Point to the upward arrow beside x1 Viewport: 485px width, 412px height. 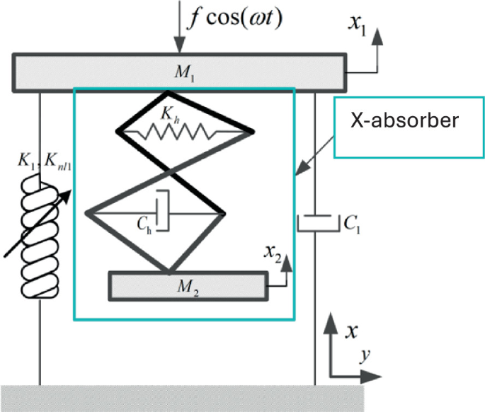click(x=380, y=46)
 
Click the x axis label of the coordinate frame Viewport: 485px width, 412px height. click(x=350, y=331)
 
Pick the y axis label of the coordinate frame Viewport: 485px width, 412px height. click(x=363, y=355)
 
